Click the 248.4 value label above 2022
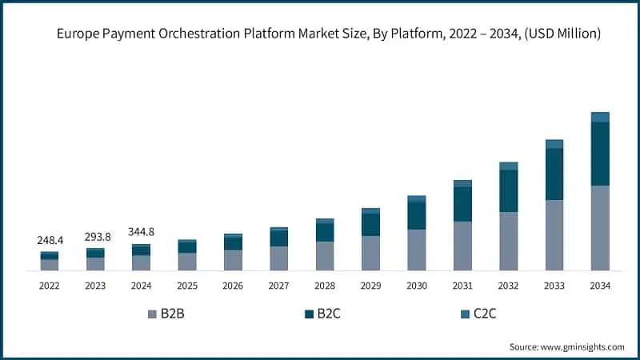coord(50,240)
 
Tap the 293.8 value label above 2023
coord(95,237)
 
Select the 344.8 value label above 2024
coord(141,232)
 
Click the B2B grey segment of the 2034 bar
coord(600,228)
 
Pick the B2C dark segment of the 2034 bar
coord(600,154)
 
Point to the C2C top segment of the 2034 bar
coord(600,117)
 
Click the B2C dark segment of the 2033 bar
coord(554,174)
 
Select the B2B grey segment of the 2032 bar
coord(509,241)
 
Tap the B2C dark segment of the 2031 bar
coord(462,204)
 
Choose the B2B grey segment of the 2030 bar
coord(417,250)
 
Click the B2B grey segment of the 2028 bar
coord(325,256)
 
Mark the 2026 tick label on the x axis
coord(233,286)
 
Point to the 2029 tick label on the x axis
coord(370,286)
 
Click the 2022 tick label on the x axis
coord(50,286)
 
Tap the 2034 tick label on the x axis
coord(600,286)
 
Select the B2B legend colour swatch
coord(152,314)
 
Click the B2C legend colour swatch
coord(309,314)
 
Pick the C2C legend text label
coord(485,314)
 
